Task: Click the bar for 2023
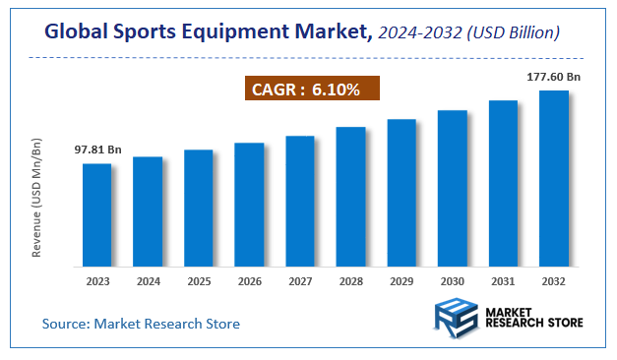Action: [x=96, y=214]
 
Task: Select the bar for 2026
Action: [x=249, y=205]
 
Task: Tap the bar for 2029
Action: [x=401, y=193]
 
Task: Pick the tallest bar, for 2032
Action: [x=554, y=178]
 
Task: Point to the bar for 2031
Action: [x=503, y=183]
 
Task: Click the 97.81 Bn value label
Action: [x=98, y=150]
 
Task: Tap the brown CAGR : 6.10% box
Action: [x=310, y=90]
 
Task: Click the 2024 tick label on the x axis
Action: [x=148, y=280]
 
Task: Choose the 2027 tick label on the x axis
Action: [x=300, y=280]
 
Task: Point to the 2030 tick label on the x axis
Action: [x=453, y=280]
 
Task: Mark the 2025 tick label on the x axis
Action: [x=199, y=280]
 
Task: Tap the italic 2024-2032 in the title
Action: [x=418, y=33]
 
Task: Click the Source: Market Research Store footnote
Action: [x=141, y=324]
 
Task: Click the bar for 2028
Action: [x=350, y=197]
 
